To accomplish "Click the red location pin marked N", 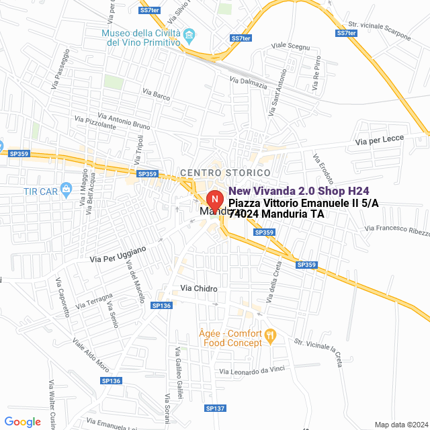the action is [x=214, y=200].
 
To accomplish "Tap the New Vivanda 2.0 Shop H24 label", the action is [x=299, y=191].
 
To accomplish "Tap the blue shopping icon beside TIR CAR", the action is [x=66, y=189].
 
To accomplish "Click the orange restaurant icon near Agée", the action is [x=270, y=334].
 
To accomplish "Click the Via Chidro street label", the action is [x=199, y=288].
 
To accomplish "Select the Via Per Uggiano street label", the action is [x=118, y=254].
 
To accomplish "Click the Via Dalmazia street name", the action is [x=249, y=83].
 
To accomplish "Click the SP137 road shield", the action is [x=215, y=408].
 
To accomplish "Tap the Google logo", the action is [x=22, y=422].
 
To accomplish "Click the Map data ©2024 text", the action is [x=401, y=425].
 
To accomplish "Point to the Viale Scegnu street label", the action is [x=290, y=46].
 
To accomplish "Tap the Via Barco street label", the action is [x=161, y=96].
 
